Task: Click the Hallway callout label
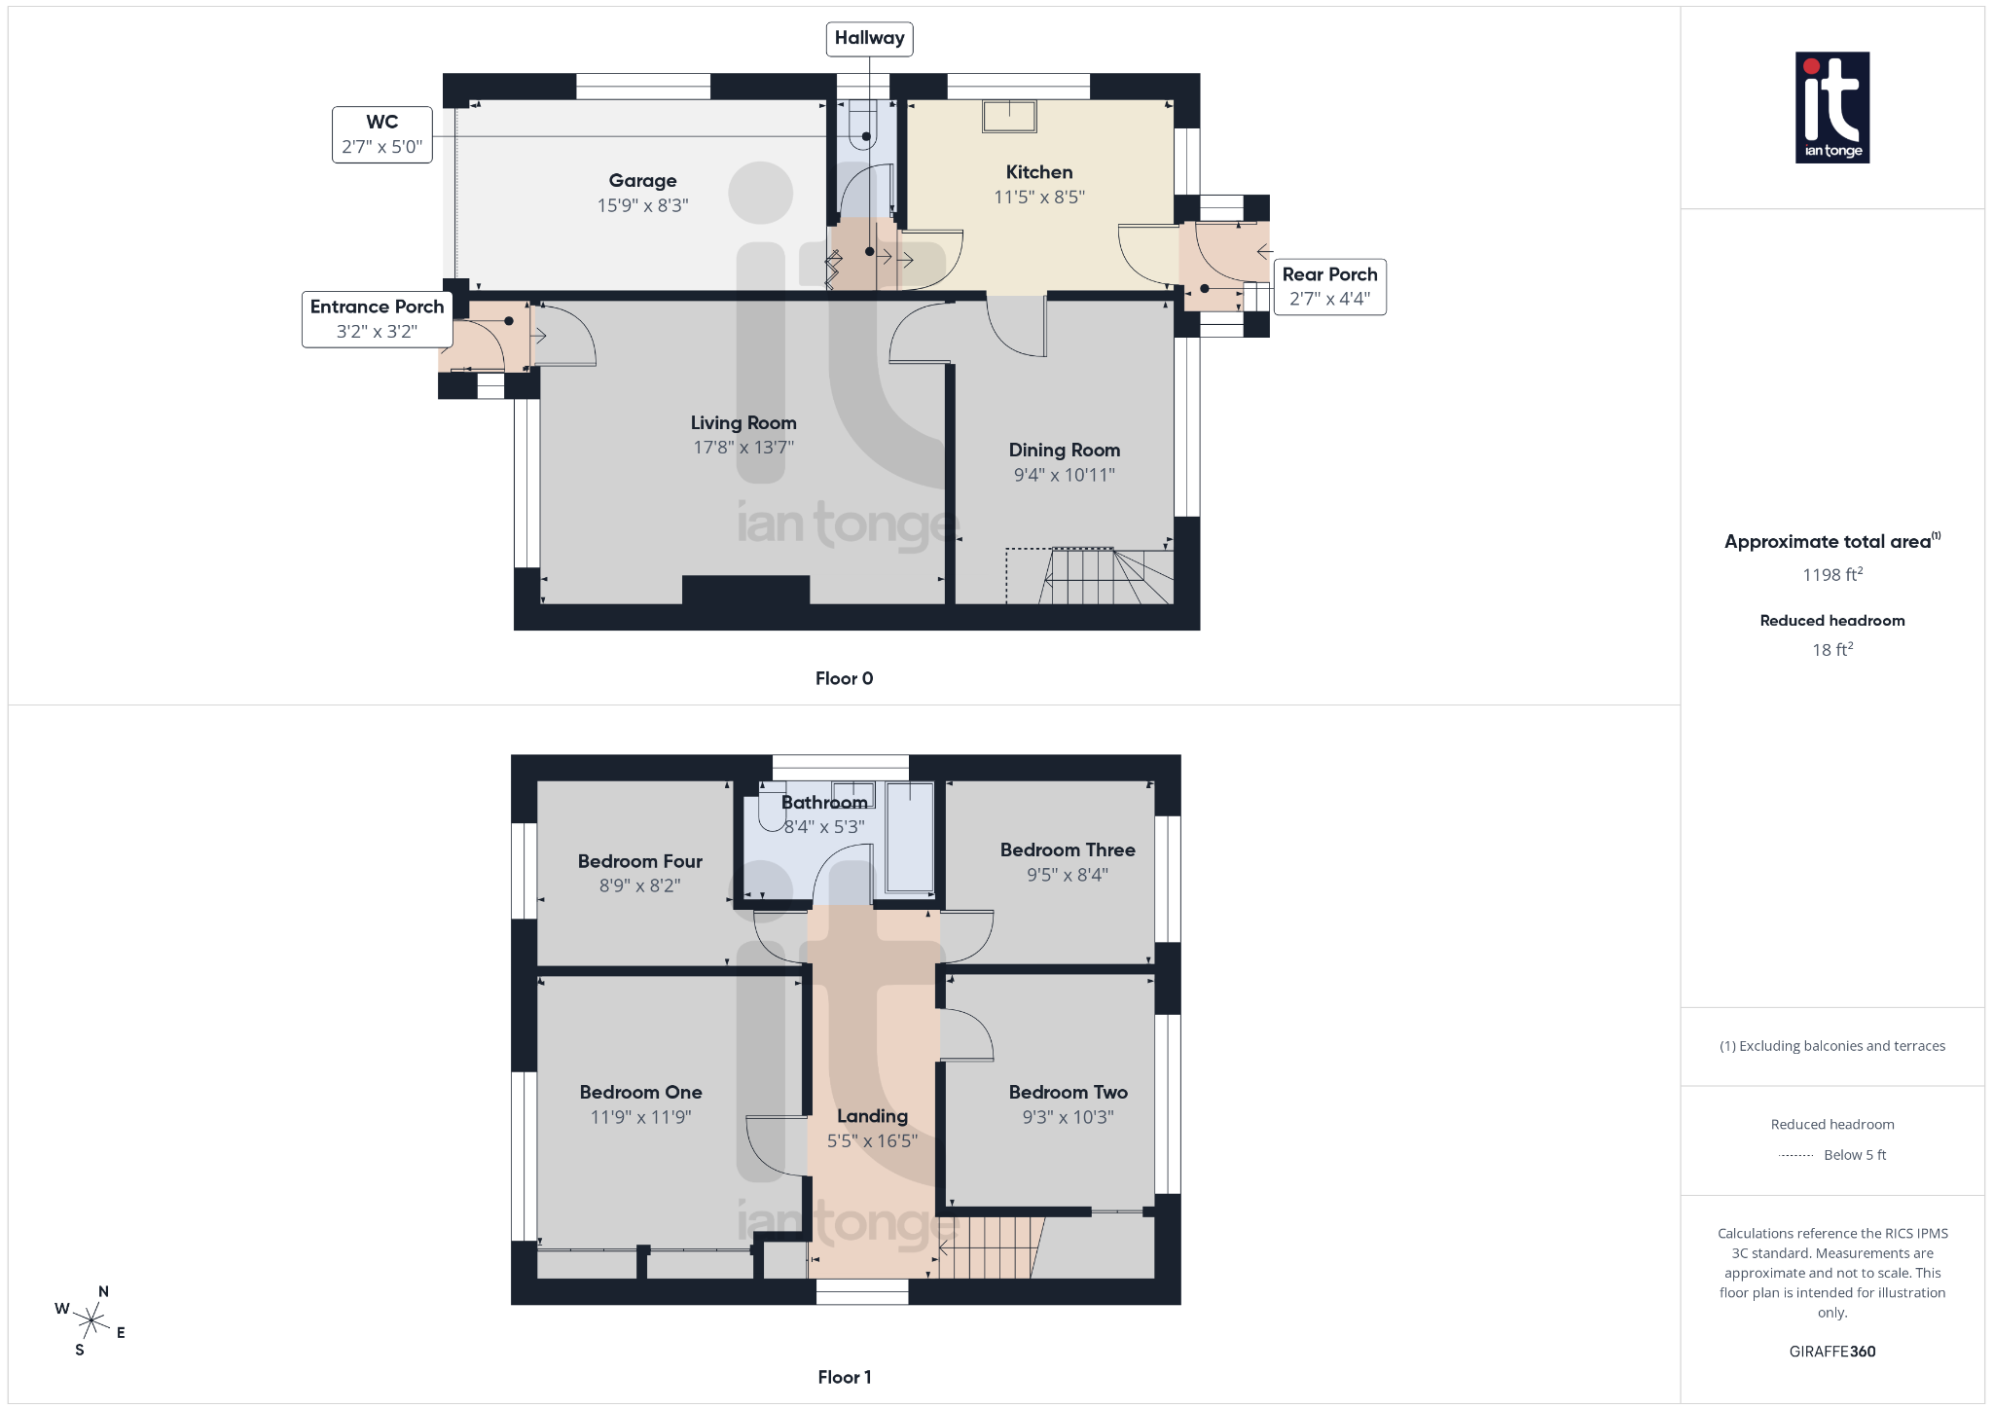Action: [869, 39]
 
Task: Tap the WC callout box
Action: [381, 134]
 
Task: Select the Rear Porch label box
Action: [1328, 286]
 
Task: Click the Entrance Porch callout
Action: [377, 318]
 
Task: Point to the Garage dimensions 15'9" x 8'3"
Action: [642, 205]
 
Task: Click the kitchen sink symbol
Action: [1009, 116]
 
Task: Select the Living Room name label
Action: [743, 422]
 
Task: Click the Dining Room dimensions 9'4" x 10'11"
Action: [1064, 475]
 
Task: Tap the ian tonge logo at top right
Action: [1831, 107]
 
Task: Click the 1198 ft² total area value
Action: [1831, 574]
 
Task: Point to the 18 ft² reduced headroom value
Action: [1831, 649]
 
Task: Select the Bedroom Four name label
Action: [639, 861]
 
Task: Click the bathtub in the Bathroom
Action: [910, 837]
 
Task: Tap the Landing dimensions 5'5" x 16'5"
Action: [872, 1140]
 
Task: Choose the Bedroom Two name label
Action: [1068, 1092]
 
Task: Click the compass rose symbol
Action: [91, 1320]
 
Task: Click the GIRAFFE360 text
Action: [1831, 1351]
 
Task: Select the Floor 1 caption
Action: [844, 1376]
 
